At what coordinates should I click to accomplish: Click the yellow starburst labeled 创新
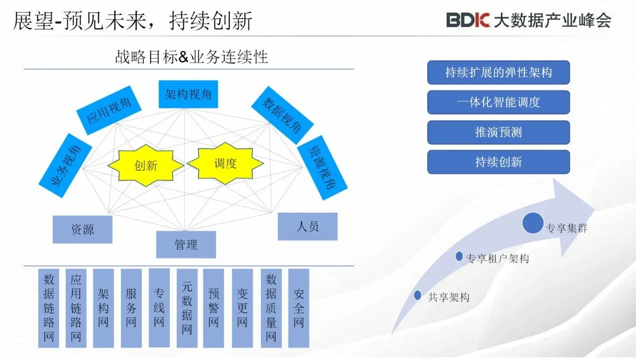click(x=146, y=165)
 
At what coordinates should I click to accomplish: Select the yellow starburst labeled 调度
click(x=225, y=163)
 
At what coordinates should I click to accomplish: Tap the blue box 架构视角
click(x=188, y=94)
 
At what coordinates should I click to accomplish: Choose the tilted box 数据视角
click(x=282, y=115)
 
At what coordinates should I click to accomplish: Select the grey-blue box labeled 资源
click(x=82, y=230)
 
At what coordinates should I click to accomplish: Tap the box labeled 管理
click(x=186, y=244)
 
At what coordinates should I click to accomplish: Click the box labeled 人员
click(x=307, y=226)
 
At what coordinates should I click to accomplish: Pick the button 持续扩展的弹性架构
click(x=498, y=73)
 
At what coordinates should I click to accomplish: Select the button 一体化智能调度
click(x=498, y=102)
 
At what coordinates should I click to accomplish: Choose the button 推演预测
click(x=498, y=132)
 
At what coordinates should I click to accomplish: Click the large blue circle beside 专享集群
click(x=532, y=223)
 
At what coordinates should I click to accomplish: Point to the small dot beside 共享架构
click(x=418, y=295)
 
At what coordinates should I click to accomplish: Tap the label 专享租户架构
click(x=497, y=258)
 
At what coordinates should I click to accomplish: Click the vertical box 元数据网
click(x=187, y=308)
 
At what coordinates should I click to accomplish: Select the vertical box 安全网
click(x=299, y=308)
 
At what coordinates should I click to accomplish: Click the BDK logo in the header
click(x=468, y=20)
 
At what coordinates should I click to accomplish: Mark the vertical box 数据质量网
click(x=271, y=308)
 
